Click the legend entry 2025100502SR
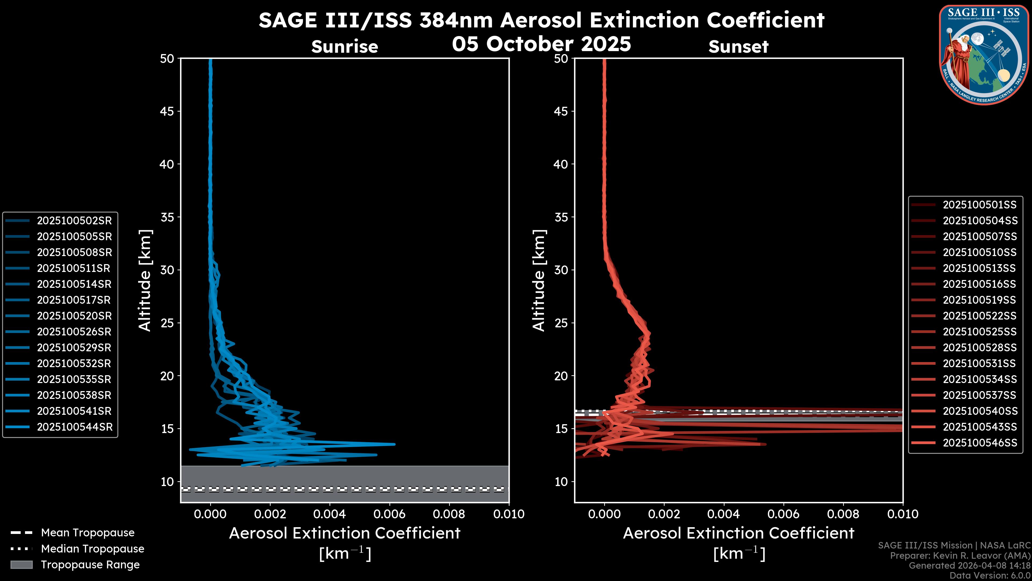pos(74,221)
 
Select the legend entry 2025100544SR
pos(74,427)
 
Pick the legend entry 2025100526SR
pos(74,332)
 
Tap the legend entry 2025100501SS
pos(980,205)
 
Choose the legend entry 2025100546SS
pos(980,443)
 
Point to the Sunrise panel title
pos(345,47)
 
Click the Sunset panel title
pos(738,47)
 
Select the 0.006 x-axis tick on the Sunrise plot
pos(389,514)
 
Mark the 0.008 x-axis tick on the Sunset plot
pos(843,514)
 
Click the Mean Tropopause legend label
pos(88,533)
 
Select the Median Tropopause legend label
pos(92,549)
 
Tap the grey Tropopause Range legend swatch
pos(21,565)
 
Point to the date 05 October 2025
pos(541,44)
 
